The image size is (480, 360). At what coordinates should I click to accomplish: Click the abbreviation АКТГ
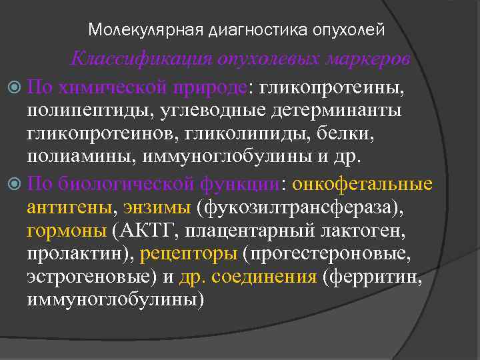[144, 231]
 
